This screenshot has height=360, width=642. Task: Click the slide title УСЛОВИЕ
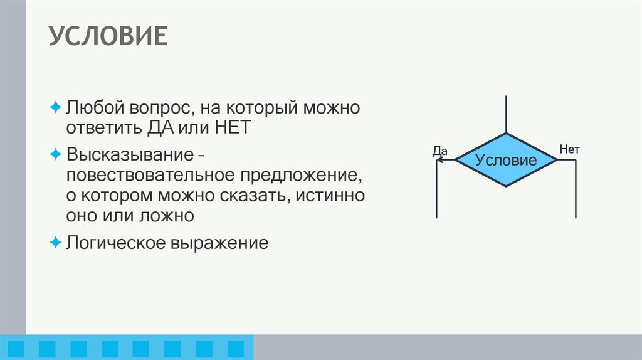[108, 37]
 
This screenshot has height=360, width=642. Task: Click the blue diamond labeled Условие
[506, 160]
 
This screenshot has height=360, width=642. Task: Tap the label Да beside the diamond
[439, 151]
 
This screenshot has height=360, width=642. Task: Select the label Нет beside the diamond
[569, 150]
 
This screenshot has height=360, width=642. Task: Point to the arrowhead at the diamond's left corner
[440, 160]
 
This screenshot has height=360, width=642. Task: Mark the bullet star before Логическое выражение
[55, 241]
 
